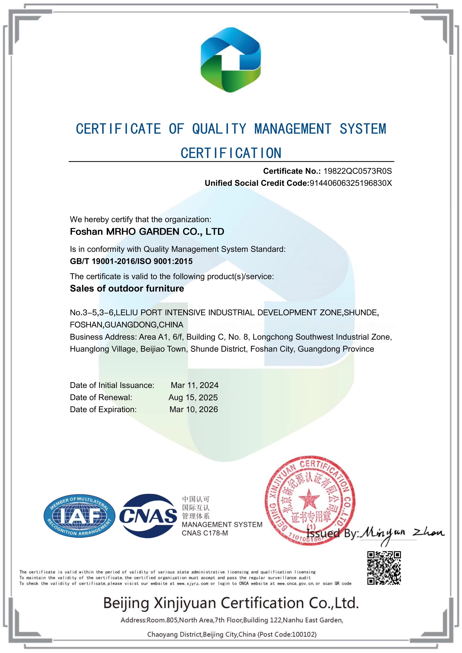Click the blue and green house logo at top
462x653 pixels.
click(231, 60)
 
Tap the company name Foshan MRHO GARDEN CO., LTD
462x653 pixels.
click(147, 232)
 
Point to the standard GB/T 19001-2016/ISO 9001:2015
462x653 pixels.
click(131, 261)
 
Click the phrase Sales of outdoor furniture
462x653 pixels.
click(127, 288)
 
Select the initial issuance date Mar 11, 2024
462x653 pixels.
click(194, 385)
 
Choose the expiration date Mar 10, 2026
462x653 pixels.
click(194, 409)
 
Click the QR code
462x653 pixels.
click(384, 568)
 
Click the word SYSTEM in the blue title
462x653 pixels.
click(363, 129)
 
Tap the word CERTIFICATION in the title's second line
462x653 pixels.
click(231, 153)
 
